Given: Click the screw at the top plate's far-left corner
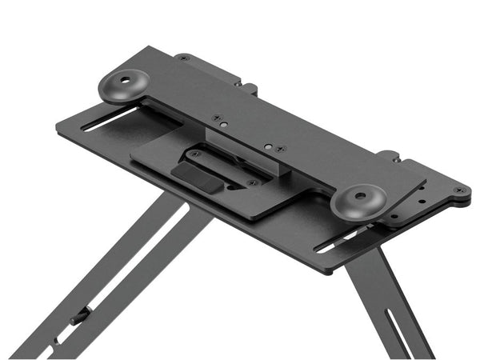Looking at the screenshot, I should pyautogui.click(x=184, y=58).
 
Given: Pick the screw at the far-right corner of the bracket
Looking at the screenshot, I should pyautogui.click(x=458, y=190).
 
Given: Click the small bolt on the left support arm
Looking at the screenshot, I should pyautogui.click(x=78, y=318).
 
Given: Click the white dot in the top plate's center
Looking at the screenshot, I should pyautogui.click(x=267, y=146).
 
